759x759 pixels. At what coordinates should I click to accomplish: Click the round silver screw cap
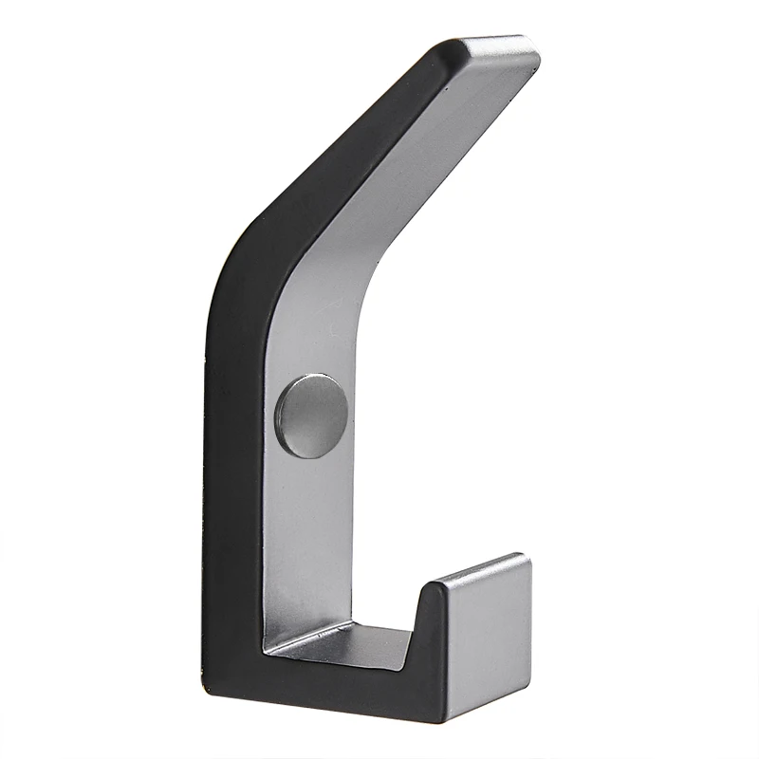(312, 417)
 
